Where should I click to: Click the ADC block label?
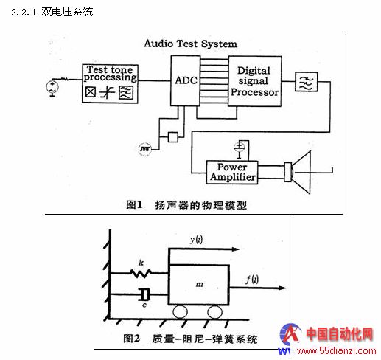tap(186, 80)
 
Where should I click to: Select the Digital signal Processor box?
tap(255, 81)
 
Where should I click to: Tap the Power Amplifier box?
tap(232, 173)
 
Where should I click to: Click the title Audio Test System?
tap(191, 44)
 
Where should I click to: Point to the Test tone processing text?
tap(110, 73)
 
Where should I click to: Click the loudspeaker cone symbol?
tap(301, 173)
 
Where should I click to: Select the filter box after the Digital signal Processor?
tap(307, 82)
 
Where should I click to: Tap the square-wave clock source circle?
tap(145, 149)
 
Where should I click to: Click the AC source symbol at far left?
tap(52, 87)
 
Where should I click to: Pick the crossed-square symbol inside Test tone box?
tap(91, 92)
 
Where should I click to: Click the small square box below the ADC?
tap(173, 137)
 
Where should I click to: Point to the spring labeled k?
tap(141, 273)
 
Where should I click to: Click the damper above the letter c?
tap(144, 294)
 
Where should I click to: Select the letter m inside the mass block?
tap(199, 285)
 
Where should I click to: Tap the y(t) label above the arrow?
tap(196, 239)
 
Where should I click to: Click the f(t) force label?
tap(252, 280)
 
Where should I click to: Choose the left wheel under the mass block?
tap(180, 312)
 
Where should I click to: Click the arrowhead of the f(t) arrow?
tap(283, 288)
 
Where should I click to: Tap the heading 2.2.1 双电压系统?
tap(52, 12)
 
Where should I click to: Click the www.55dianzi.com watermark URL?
tap(336, 350)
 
